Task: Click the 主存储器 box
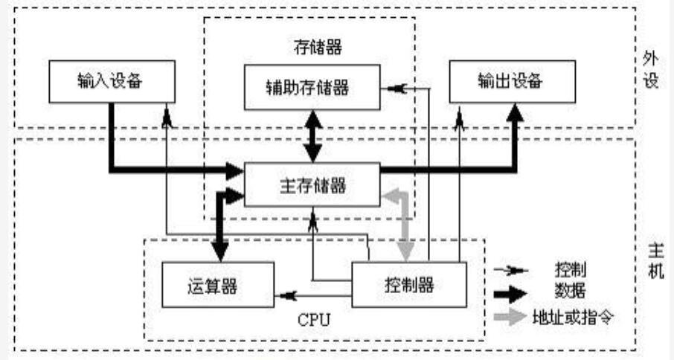(312, 185)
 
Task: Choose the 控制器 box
(409, 283)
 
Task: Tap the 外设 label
(652, 70)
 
